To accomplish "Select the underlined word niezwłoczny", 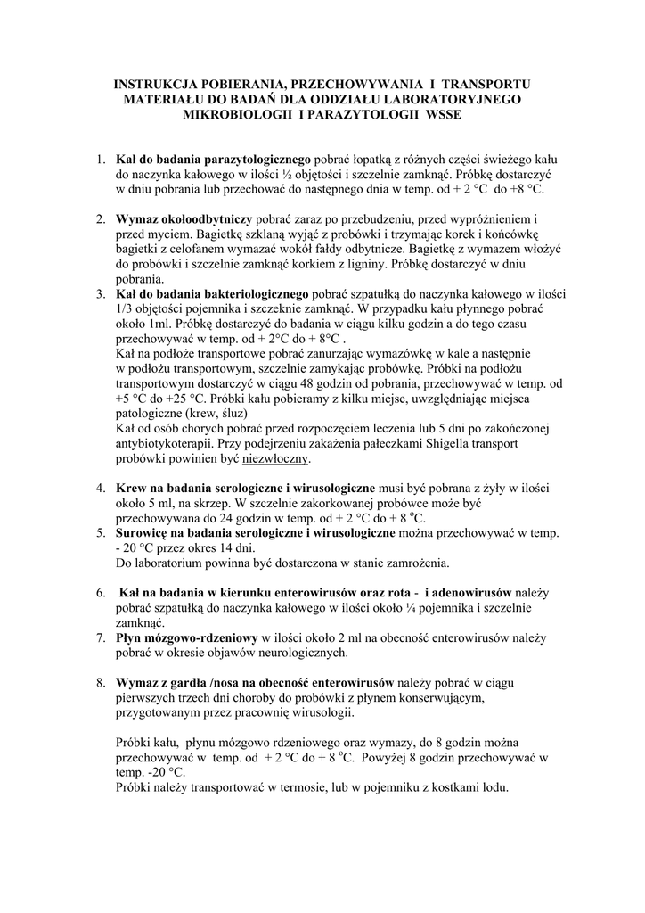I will click(x=275, y=458).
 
